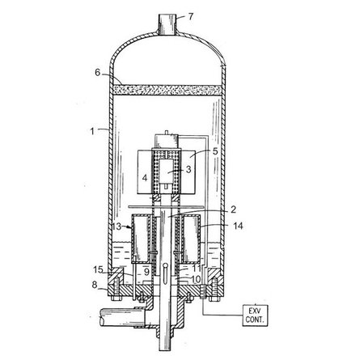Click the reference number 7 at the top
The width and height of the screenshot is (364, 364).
(191, 16)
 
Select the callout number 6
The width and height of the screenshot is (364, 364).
(97, 73)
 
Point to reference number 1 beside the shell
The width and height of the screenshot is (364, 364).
(92, 132)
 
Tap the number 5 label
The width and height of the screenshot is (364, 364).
(215, 151)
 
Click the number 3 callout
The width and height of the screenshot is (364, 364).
(188, 169)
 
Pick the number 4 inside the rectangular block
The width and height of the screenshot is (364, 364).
(145, 178)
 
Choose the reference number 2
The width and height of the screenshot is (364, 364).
(233, 210)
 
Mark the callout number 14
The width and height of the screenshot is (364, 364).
(238, 226)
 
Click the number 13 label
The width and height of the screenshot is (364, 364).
(116, 226)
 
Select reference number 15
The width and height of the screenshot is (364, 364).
(98, 269)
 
